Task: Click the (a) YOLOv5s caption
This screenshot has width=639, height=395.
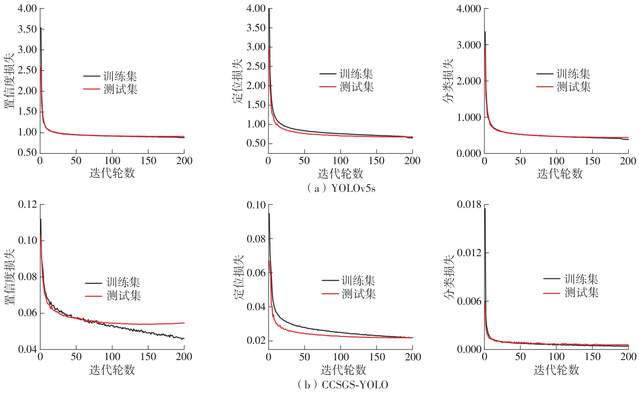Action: (x=341, y=188)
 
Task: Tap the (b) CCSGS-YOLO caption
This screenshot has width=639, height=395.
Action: (x=343, y=385)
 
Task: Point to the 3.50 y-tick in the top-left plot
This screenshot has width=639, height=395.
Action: (x=27, y=29)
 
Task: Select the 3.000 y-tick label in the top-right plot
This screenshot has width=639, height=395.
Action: (x=469, y=45)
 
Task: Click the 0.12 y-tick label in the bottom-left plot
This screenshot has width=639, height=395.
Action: (x=27, y=205)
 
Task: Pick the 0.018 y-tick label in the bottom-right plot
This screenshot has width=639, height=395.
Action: (x=469, y=205)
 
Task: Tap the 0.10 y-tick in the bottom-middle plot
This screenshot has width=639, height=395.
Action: (x=256, y=205)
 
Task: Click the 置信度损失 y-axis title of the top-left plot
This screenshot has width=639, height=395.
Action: (x=9, y=80)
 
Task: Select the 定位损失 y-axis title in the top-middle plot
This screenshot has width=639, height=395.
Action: (x=237, y=81)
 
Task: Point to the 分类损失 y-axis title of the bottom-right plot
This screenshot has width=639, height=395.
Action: (x=449, y=277)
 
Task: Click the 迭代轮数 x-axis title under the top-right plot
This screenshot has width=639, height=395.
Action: (x=560, y=173)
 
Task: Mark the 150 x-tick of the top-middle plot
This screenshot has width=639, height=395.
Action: (x=376, y=161)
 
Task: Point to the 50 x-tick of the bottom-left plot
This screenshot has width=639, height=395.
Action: (x=76, y=357)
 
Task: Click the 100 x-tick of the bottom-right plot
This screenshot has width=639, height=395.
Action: (x=557, y=357)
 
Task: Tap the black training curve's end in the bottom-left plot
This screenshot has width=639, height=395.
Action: (x=183, y=339)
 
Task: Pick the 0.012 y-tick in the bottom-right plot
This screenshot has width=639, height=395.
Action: (x=469, y=253)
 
